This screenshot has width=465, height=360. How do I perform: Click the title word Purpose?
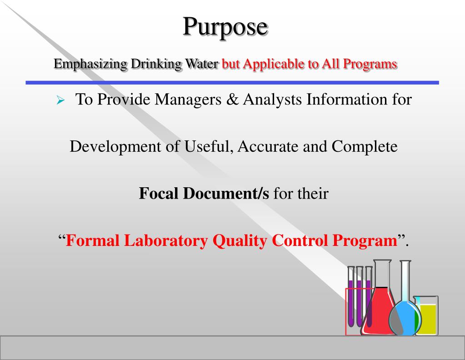point(225,27)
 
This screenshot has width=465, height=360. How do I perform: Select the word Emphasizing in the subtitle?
point(90,64)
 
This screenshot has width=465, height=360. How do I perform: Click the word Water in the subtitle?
point(201,64)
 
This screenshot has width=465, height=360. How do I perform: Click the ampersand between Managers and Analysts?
point(232,99)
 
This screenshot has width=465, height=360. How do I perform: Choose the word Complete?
point(365,147)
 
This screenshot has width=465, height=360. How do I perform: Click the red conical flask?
point(380,309)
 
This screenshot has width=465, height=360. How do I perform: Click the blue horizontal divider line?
point(232,83)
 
